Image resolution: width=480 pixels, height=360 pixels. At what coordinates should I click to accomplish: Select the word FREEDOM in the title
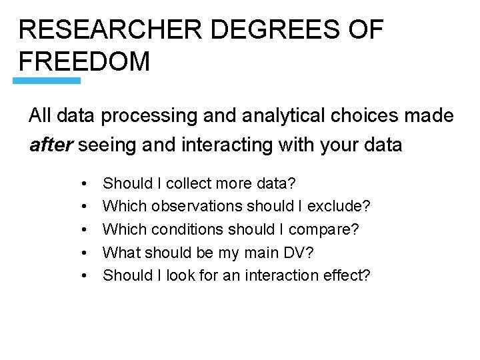(85, 61)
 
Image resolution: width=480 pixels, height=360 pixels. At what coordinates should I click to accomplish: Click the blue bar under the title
(47, 81)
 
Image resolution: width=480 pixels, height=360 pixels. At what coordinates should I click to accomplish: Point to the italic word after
(51, 144)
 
